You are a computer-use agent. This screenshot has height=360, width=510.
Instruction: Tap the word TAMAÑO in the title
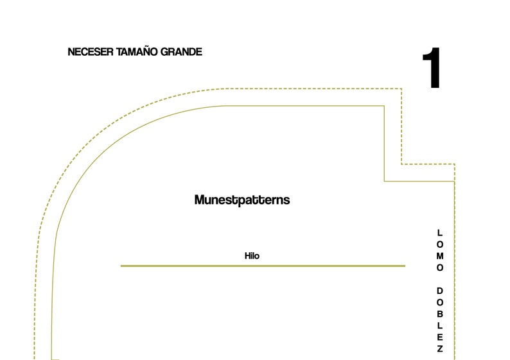pyautogui.click(x=137, y=51)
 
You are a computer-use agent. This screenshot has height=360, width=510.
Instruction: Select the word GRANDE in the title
pyautogui.click(x=182, y=52)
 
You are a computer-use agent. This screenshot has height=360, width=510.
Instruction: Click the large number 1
pyautogui.click(x=432, y=67)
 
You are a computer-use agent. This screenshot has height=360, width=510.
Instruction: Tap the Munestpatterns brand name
pyautogui.click(x=242, y=200)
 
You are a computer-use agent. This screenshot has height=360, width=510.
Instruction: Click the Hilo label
pyautogui.click(x=252, y=256)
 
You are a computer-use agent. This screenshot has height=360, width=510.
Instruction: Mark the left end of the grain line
pyautogui.click(x=121, y=266)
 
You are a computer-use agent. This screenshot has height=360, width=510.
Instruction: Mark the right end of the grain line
pyautogui.click(x=405, y=266)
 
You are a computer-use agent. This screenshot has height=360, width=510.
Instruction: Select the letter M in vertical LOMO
pyautogui.click(x=440, y=256)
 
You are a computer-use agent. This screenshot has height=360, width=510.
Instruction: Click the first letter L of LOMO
pyautogui.click(x=440, y=233)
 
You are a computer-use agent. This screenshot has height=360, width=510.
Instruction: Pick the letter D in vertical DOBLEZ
pyautogui.click(x=440, y=291)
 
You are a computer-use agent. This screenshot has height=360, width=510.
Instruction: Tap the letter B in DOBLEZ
pyautogui.click(x=440, y=314)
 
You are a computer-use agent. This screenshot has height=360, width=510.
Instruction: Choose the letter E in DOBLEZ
pyautogui.click(x=440, y=338)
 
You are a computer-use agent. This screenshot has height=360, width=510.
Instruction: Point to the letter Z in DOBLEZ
pyautogui.click(x=440, y=349)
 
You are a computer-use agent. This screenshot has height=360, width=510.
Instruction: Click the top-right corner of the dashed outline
pyautogui.click(x=401, y=89)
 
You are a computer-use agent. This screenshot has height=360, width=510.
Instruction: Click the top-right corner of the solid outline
pyautogui.click(x=385, y=106)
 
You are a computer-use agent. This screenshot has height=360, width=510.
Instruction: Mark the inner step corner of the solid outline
pyautogui.click(x=385, y=181)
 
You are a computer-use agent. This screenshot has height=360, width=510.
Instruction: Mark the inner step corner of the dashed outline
pyautogui.click(x=401, y=164)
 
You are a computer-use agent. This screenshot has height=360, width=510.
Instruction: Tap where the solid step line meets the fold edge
pyautogui.click(x=454, y=182)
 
